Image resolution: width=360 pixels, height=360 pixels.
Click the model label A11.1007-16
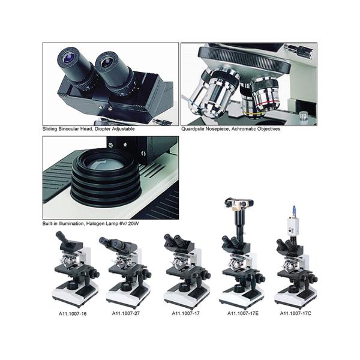(x=73, y=314)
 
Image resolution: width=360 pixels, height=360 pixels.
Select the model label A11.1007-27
(x=126, y=313)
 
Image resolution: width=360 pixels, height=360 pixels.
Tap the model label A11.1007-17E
(x=243, y=313)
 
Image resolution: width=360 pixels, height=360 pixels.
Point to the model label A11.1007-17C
(x=295, y=313)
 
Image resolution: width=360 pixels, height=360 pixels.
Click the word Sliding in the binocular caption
(x=50, y=129)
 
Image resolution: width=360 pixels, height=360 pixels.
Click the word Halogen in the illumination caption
(x=95, y=223)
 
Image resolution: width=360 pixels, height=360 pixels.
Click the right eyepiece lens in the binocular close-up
(x=106, y=62)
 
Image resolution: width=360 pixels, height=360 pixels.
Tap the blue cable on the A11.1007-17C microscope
(x=294, y=211)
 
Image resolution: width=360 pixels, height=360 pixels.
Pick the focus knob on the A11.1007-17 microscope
(x=206, y=275)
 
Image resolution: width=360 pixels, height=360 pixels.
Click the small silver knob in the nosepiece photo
(x=304, y=115)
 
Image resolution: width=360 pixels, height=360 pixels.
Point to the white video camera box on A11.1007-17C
(x=292, y=227)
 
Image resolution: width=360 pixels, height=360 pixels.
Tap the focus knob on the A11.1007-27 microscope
(x=147, y=274)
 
